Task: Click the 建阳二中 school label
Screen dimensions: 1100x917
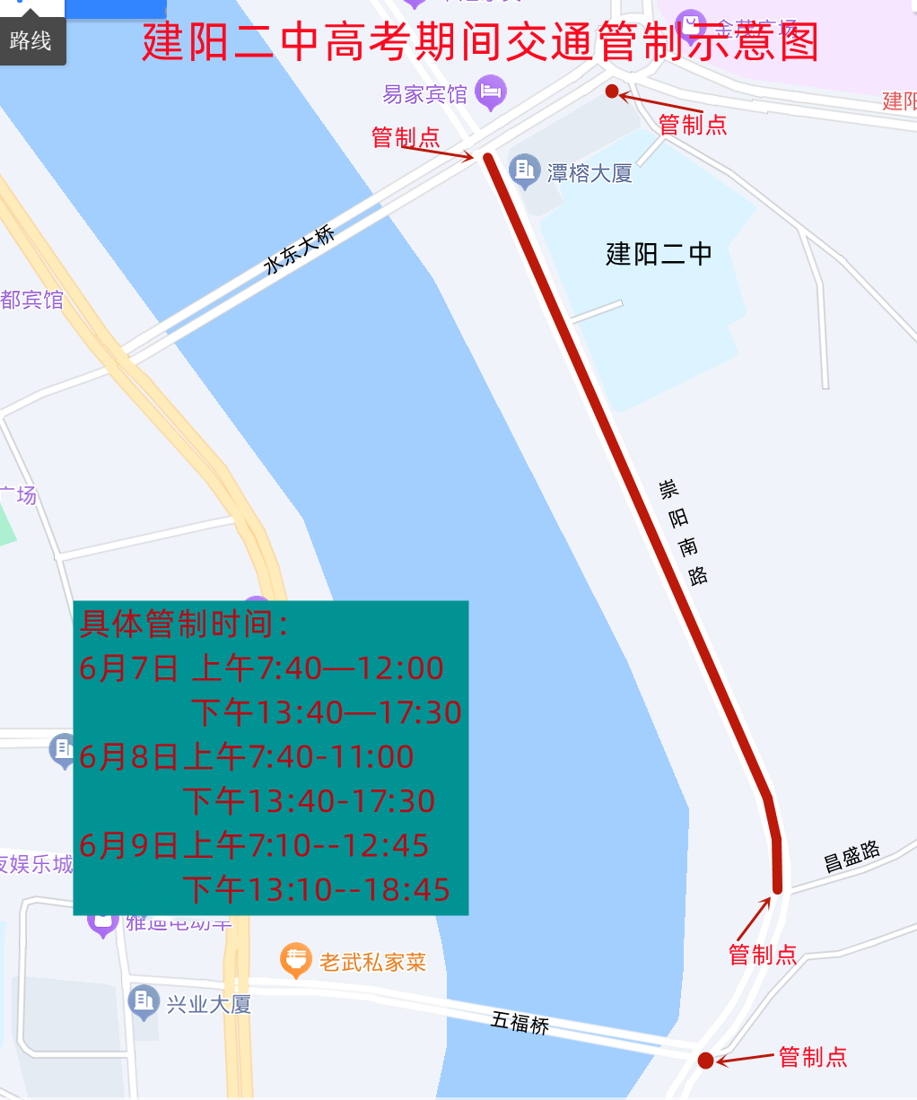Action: point(659,255)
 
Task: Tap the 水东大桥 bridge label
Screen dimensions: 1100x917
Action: point(299,249)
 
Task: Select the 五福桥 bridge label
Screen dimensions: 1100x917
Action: point(520,1022)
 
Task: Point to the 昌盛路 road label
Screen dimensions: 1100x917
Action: point(851,857)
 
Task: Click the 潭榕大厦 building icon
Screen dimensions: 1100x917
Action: point(524,170)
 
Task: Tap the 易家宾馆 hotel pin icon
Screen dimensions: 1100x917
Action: point(491,92)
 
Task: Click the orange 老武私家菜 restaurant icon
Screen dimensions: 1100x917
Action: point(296,960)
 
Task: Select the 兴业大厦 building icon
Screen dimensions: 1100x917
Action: point(144,1002)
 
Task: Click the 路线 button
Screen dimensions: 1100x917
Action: point(31,40)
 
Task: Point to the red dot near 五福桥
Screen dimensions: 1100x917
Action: point(705,1061)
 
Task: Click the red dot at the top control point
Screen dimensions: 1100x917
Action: point(612,91)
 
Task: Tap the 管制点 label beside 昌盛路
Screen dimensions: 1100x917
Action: point(763,955)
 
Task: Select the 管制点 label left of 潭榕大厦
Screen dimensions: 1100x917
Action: point(406,137)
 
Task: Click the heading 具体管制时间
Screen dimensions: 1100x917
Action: point(184,624)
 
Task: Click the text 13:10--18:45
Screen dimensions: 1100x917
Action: point(348,890)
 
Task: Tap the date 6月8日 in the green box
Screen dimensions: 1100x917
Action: point(128,757)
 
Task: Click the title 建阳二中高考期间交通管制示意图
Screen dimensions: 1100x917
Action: point(480,41)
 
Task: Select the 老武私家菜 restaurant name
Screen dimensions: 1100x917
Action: point(372,963)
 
